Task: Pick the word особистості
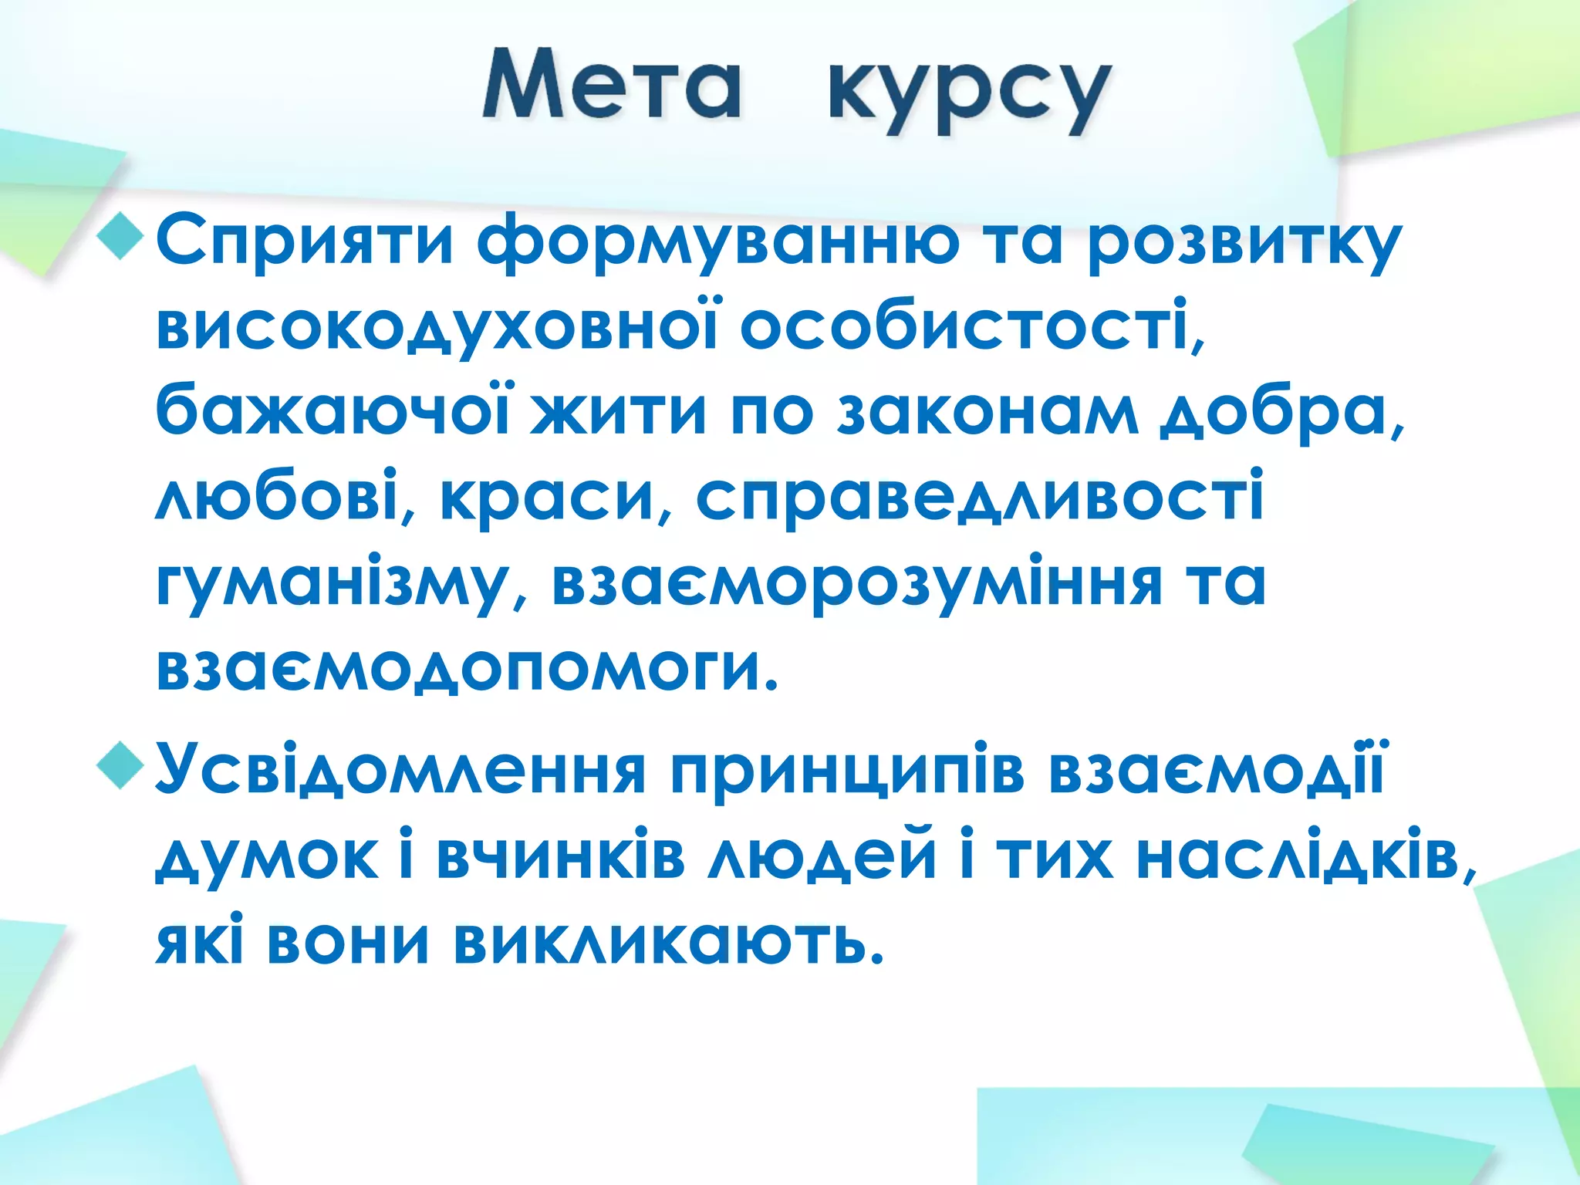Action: (x=967, y=326)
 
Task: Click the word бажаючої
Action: (x=333, y=410)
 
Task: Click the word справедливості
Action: (x=979, y=495)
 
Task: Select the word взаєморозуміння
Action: (x=856, y=583)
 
